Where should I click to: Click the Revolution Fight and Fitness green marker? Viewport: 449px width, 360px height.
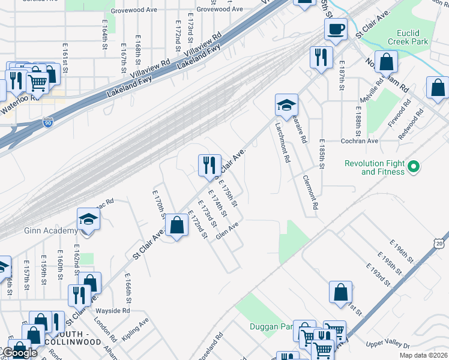tap(413, 167)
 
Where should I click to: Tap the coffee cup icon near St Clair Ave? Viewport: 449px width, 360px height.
tap(336, 29)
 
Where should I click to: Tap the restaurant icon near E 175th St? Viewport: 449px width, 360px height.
tap(209, 164)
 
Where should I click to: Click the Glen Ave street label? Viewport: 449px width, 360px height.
tap(228, 230)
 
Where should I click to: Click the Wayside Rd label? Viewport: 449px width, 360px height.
tap(113, 311)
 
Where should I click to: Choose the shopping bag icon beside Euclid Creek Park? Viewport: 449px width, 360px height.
tap(387, 62)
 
